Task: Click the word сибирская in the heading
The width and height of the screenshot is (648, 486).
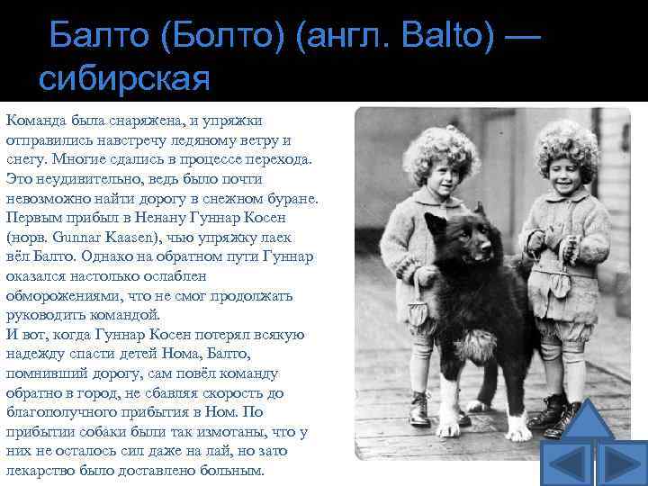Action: coord(124,77)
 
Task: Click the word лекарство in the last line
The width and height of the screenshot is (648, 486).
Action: coord(39,470)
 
